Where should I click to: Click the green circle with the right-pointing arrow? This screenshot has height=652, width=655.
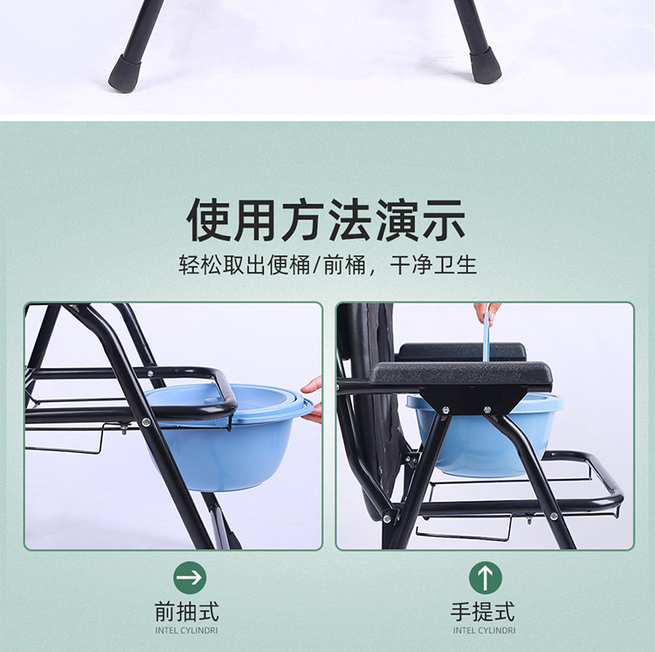coord(190,577)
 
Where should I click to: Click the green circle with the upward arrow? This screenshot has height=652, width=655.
coord(485,577)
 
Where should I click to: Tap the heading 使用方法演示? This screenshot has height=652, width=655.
coord(327,220)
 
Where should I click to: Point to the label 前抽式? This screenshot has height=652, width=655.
coord(187,612)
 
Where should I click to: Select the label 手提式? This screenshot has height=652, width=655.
coord(482,612)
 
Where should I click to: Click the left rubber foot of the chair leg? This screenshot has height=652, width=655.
coord(124,73)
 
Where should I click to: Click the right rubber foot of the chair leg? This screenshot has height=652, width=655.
coord(486,66)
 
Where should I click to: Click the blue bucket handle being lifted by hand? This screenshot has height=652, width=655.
coord(486,337)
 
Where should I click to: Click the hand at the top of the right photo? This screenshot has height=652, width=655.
coord(487,312)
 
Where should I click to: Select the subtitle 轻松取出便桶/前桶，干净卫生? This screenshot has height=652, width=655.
coord(327,265)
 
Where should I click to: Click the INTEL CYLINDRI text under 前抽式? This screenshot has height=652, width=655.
coord(187,630)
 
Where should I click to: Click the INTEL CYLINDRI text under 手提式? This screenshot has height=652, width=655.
coord(484,630)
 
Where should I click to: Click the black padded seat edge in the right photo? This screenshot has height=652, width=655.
coord(461,373)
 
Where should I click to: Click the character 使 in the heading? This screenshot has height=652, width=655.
coord(209,220)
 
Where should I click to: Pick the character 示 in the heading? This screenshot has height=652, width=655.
coord(444,220)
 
